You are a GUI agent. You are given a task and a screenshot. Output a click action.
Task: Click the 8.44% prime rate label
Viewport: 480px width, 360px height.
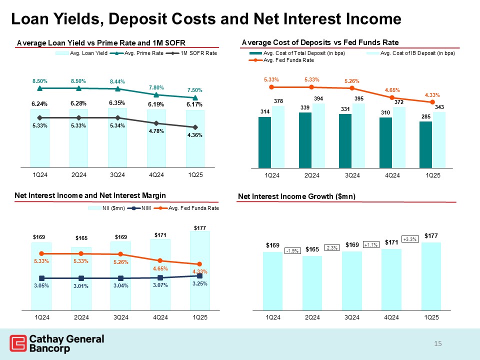click(x=117, y=82)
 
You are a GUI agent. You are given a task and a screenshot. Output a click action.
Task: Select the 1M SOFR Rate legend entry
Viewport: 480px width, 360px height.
click(x=198, y=53)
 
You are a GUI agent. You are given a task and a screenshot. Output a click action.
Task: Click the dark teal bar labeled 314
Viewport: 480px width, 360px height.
click(x=264, y=142)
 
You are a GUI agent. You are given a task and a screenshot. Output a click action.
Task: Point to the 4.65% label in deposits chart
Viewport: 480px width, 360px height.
click(x=392, y=90)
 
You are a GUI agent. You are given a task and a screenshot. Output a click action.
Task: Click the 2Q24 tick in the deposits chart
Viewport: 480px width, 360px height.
click(x=312, y=175)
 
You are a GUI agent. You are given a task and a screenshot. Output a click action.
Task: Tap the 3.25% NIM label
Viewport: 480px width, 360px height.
click(x=200, y=283)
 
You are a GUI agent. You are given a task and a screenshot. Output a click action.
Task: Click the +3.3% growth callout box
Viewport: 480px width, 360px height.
click(x=410, y=239)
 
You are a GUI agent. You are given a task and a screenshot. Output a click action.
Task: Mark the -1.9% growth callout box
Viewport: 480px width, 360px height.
click(x=292, y=250)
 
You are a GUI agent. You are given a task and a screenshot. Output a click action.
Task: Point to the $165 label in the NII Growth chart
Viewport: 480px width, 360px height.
click(x=312, y=249)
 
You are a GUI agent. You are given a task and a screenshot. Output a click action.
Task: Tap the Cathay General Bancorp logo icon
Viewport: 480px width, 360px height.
click(x=18, y=344)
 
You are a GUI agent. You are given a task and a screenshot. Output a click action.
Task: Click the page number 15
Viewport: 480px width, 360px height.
click(x=438, y=343)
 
